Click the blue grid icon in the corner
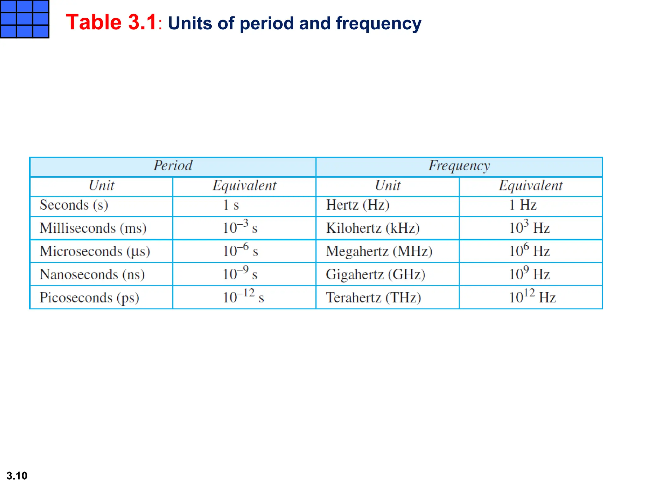[x=24, y=19]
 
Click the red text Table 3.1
[x=111, y=22]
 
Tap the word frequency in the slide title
[x=379, y=24]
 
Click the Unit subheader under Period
[x=101, y=186]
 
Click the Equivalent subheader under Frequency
[x=531, y=186]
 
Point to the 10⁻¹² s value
[x=243, y=297]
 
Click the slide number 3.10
[x=17, y=476]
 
